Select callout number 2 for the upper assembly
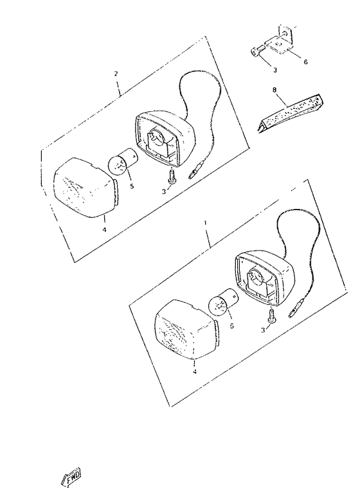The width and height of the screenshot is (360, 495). pos(116,74)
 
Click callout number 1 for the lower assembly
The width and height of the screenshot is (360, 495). pos(205,222)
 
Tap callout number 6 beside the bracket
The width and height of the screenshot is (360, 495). pos(305,62)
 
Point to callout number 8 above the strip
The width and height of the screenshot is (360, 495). pos(274,90)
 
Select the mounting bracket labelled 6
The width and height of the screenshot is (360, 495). pos(282,40)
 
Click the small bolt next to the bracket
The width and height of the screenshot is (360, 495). pos(258,51)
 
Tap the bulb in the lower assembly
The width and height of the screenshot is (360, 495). pos(223,303)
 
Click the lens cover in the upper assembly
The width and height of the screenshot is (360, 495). pos(86,188)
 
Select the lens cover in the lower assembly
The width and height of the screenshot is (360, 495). pos(186,330)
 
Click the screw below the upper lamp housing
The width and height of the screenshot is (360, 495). pos(172,176)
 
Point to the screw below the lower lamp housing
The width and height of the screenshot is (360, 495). pos(272,316)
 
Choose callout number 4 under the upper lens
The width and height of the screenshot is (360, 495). pos(104,230)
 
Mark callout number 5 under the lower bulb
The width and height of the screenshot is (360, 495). pos(232,326)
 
